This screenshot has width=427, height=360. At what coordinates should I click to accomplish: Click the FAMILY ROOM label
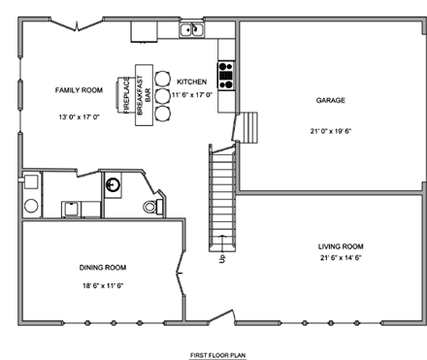click(x=79, y=89)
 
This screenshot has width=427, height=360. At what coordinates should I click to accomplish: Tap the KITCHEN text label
click(x=192, y=82)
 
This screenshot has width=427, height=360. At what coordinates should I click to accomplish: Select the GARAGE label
click(x=331, y=100)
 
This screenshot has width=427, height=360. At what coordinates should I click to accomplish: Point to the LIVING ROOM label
click(x=341, y=246)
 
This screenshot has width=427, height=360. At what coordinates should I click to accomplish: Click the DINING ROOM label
click(x=103, y=267)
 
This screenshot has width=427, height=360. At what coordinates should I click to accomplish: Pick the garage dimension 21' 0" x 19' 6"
click(x=330, y=131)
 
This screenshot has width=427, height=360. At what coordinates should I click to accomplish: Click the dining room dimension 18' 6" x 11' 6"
click(x=104, y=286)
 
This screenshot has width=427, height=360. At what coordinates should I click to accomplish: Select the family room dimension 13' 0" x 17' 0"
click(x=80, y=117)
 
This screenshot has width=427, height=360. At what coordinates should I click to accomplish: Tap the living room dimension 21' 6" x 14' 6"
click(x=340, y=258)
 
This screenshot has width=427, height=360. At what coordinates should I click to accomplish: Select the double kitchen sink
click(x=191, y=30)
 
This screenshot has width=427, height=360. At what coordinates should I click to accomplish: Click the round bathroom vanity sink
click(x=115, y=183)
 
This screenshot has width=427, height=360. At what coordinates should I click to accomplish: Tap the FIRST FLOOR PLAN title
click(x=218, y=355)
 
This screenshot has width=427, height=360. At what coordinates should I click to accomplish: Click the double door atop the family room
click(x=78, y=23)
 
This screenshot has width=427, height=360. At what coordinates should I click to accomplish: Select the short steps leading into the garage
click(x=250, y=127)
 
